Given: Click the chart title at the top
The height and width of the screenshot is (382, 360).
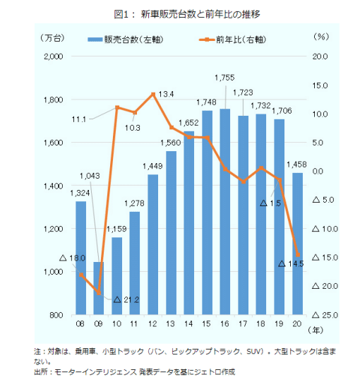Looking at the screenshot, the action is coord(187,14).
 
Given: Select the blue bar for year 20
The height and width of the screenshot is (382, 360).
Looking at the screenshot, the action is coord(297,244).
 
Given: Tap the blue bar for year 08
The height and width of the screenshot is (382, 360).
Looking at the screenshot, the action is coord(81,258).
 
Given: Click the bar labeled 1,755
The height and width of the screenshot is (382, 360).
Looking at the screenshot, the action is coord(224,211).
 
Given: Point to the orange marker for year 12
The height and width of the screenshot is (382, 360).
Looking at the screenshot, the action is coord(153,95).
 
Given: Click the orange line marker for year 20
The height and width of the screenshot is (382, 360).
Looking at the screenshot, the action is coord(298,255).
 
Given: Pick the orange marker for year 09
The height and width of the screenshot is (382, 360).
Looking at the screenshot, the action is coord(99,293).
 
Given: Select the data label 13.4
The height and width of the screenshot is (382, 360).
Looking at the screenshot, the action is coord(166,94).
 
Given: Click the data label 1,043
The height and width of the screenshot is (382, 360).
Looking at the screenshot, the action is coord(90,176).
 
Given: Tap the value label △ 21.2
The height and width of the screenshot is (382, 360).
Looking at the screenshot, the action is coord(126,299).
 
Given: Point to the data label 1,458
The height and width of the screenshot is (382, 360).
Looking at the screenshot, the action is coord(296,165).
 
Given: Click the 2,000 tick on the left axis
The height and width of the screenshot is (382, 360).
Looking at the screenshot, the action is coord(54,56).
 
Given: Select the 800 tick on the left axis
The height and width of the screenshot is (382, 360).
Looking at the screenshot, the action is coord(56,315).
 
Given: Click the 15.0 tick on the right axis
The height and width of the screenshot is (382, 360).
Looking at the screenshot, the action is coord(320,85).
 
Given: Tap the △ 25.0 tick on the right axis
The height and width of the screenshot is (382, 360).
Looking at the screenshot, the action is coord(325,315).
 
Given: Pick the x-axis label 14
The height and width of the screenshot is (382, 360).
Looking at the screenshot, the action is coord(188,324).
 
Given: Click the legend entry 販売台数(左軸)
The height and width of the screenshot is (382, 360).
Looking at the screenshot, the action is coord(126,40).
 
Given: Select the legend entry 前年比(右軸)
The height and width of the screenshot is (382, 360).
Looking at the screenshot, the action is coord(233,40).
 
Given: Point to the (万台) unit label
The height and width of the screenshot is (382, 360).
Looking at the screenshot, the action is coord(52,37).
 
